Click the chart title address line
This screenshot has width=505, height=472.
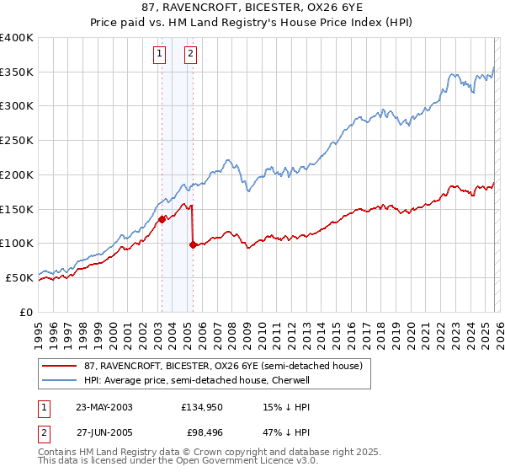click(x=252, y=8)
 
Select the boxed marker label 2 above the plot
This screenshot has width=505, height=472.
click(x=191, y=54)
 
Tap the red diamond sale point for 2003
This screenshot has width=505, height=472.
click(x=161, y=219)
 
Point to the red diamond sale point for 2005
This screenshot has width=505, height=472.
click(x=193, y=244)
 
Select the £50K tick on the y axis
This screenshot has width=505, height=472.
click(x=20, y=277)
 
